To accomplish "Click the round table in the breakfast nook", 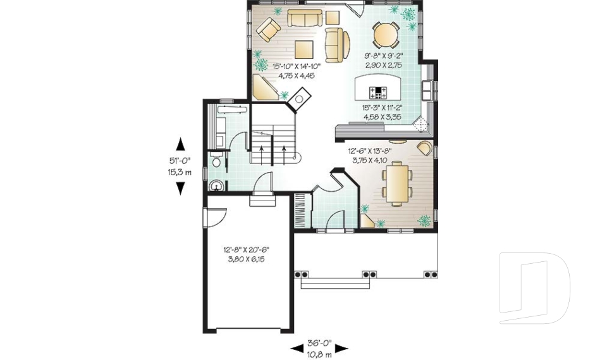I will [x=385, y=35].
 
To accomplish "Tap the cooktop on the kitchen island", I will [x=379, y=92].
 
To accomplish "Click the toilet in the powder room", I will [x=216, y=163].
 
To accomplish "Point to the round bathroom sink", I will [x=216, y=186].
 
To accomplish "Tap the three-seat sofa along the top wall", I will [x=305, y=18].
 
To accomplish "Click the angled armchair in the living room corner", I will [x=268, y=29].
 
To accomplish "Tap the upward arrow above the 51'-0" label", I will [x=180, y=145].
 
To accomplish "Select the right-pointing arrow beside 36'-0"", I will [x=341, y=348].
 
